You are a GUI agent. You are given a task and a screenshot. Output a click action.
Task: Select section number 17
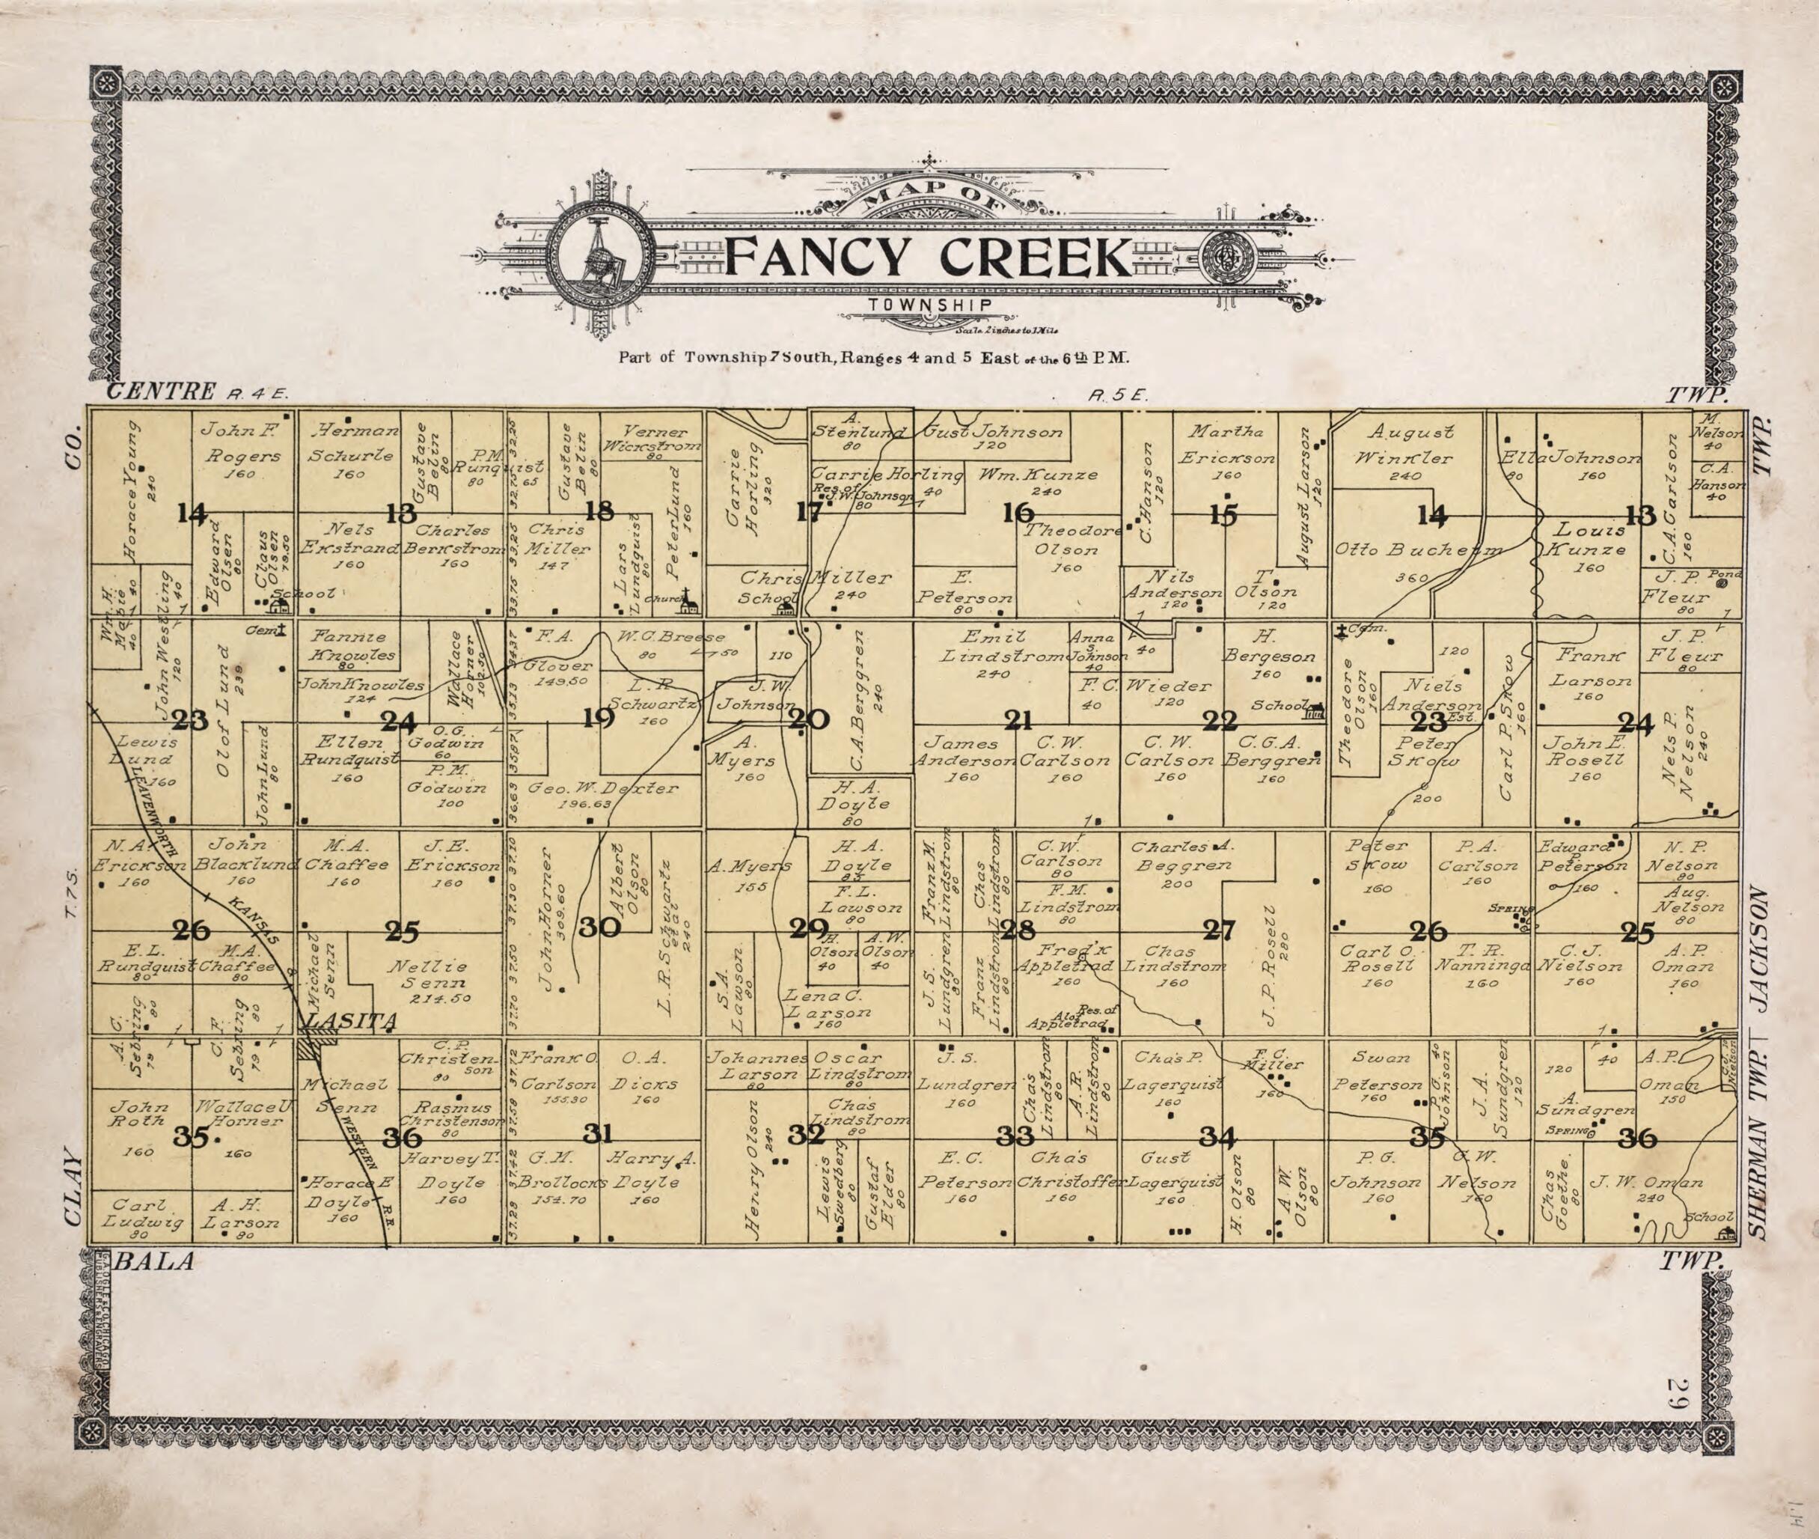pyautogui.click(x=808, y=512)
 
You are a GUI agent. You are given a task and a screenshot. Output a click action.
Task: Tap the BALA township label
pyautogui.click(x=153, y=1261)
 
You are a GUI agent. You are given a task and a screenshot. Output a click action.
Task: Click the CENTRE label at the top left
pyautogui.click(x=160, y=391)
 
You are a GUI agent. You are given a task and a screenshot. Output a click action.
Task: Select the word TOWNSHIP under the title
pyautogui.click(x=929, y=305)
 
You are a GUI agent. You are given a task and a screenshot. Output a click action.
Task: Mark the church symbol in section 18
pyautogui.click(x=690, y=601)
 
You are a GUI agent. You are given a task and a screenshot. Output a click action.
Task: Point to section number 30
pyautogui.click(x=599, y=927)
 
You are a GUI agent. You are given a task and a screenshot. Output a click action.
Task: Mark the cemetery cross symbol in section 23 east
pyautogui.click(x=1339, y=630)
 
